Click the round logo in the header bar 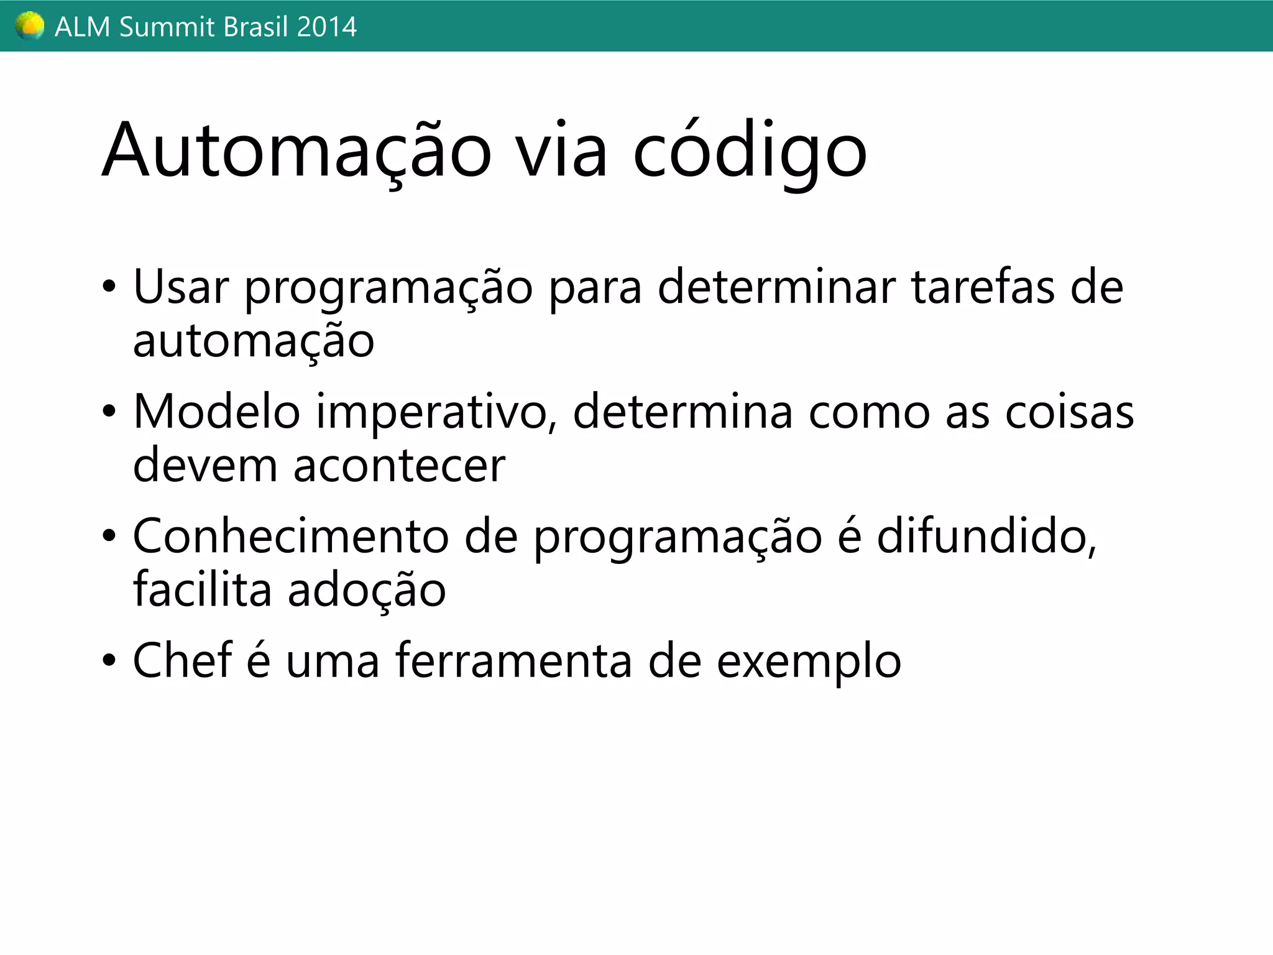point(29,26)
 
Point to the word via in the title point(562,151)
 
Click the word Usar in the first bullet point(181,287)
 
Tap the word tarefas point(983,287)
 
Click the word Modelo point(217,412)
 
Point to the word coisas point(1069,412)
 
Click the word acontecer point(399,466)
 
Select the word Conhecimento point(290,536)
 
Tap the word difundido point(986,536)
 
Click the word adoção point(367,590)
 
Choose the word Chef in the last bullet point(182,660)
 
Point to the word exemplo point(809,662)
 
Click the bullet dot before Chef point(109,660)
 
